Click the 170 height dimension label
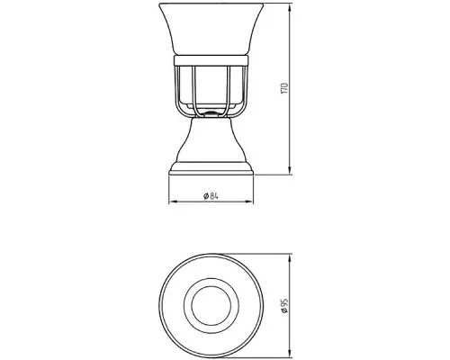point(284,88)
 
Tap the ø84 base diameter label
point(211,196)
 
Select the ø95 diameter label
point(284,306)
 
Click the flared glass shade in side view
point(211,29)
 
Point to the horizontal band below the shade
point(211,60)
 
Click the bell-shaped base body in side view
point(211,140)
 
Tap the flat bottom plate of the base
point(211,173)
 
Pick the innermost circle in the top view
point(211,286)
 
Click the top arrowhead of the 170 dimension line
point(290,8)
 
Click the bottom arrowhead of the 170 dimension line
point(290,170)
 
